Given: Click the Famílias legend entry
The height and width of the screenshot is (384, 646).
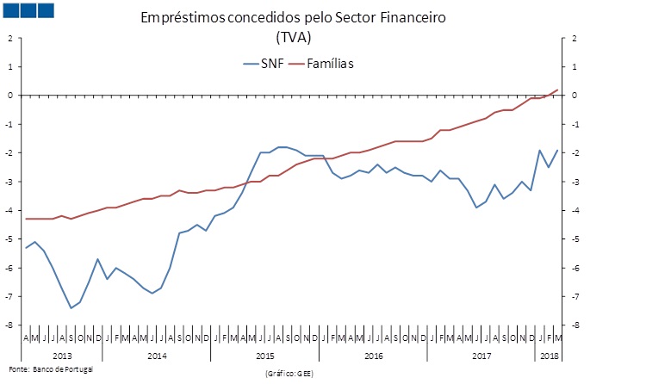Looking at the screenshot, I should (332, 63).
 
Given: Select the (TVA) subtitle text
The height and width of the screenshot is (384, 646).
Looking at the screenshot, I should (294, 37).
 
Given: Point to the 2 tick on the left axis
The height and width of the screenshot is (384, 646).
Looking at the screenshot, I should (9, 38).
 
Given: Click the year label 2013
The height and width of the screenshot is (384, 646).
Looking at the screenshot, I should (62, 355).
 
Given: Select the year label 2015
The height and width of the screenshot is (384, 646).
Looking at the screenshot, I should (265, 355).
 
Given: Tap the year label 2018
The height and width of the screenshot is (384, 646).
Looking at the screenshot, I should (547, 355).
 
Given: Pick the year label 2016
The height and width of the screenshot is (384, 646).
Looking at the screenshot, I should (373, 355).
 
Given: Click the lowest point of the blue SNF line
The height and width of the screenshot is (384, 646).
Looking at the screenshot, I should (71, 307).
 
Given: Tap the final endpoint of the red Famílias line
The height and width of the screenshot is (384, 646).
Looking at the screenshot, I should (557, 90).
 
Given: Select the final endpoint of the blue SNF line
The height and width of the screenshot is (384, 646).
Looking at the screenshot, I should (557, 150).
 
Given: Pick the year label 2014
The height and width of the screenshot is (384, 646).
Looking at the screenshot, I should (157, 355).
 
